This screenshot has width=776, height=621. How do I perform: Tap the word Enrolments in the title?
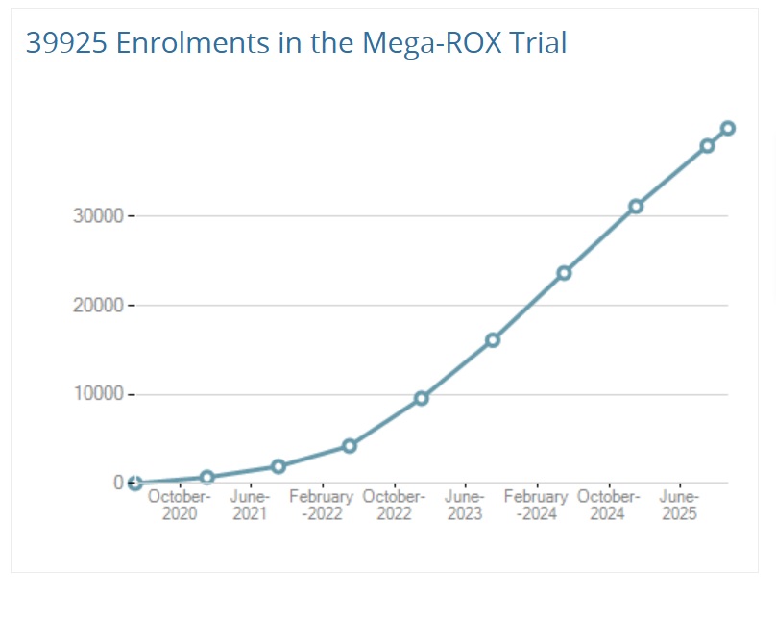pyautogui.click(x=172, y=43)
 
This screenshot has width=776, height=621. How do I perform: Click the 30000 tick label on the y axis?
pyautogui.click(x=98, y=216)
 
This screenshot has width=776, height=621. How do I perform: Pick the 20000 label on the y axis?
pyautogui.click(x=98, y=306)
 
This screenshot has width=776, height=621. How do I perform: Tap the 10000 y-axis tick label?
pyautogui.click(x=98, y=395)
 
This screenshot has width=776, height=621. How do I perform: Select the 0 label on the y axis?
pyautogui.click(x=118, y=483)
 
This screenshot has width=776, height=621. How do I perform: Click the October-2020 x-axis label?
pyautogui.click(x=179, y=506)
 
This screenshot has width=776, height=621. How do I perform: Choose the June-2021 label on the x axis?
pyautogui.click(x=250, y=506)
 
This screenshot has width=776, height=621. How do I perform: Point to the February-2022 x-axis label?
pyautogui.click(x=322, y=506)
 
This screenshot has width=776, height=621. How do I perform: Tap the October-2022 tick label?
pyautogui.click(x=394, y=506)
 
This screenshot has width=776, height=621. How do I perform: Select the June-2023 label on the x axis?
pyautogui.click(x=465, y=506)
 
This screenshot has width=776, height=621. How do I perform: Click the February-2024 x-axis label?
pyautogui.click(x=536, y=506)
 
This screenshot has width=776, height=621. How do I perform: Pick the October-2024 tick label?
pyautogui.click(x=608, y=506)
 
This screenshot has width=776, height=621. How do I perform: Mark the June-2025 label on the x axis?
pyautogui.click(x=679, y=506)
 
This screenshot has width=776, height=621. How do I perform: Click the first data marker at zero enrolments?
pyautogui.click(x=135, y=484)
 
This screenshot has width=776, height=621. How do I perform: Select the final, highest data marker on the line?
pyautogui.click(x=728, y=128)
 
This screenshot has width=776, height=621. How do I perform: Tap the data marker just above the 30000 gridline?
pyautogui.click(x=636, y=207)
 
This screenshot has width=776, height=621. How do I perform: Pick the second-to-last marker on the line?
pyautogui.click(x=707, y=146)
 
